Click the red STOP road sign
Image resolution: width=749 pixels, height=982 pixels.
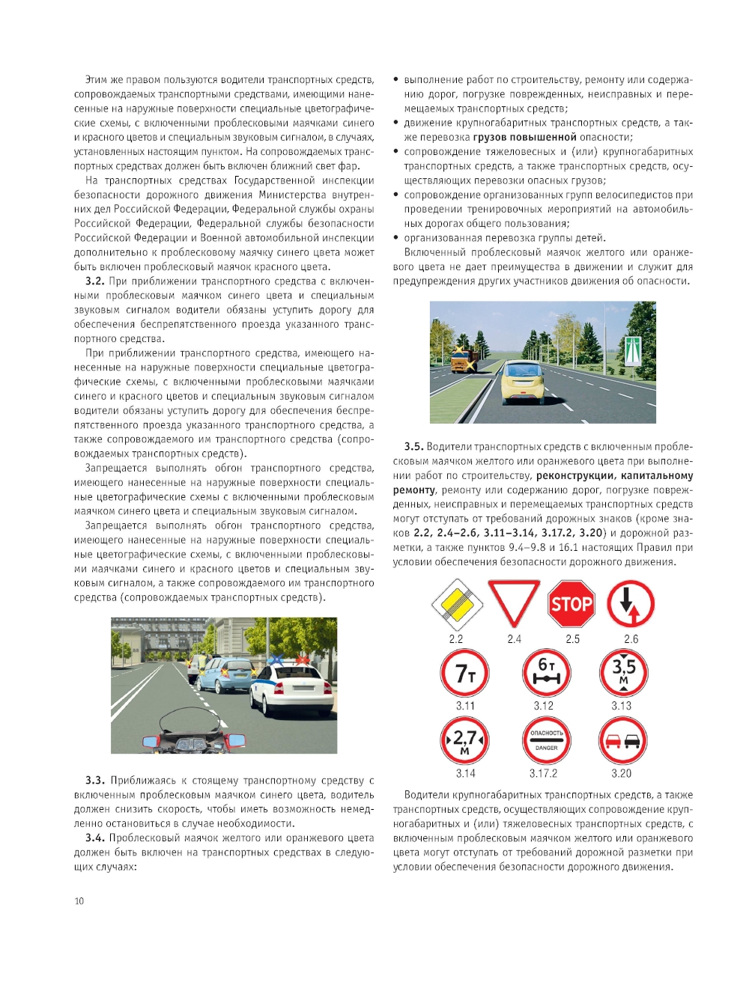coord(571,604)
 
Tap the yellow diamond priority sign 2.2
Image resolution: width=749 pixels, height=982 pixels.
coord(455,604)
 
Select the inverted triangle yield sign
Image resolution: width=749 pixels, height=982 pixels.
coord(514,601)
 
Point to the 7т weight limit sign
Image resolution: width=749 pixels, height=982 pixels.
coord(465,673)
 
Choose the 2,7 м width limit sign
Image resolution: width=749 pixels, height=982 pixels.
coord(465,740)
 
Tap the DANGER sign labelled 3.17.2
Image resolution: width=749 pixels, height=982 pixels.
coord(546,740)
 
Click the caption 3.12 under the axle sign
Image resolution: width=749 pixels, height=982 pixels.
coord(544,706)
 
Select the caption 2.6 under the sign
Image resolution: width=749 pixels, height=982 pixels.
coord(631,639)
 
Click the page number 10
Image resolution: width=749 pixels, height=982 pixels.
coord(79,901)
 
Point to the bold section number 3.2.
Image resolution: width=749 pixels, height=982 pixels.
coord(94,281)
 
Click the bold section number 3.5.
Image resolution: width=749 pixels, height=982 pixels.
coord(413,447)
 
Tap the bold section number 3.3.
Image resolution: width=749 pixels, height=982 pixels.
coord(94,781)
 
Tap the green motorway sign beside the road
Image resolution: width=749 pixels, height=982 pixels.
coord(633,347)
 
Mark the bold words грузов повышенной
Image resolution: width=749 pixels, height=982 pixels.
coord(524,137)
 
